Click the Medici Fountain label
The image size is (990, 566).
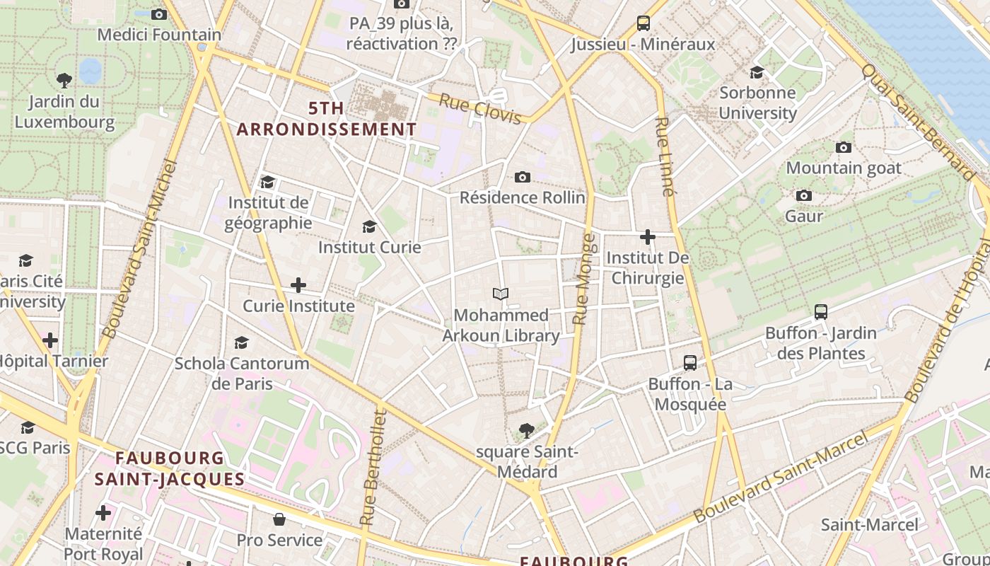[159, 34]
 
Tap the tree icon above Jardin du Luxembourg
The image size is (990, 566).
[64, 80]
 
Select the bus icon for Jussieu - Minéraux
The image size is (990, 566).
[643, 23]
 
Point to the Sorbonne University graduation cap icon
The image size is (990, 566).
[757, 72]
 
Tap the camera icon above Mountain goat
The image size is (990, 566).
[844, 147]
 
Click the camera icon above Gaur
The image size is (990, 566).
[804, 195]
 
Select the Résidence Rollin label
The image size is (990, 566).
[523, 197]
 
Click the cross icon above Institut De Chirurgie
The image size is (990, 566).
[647, 237]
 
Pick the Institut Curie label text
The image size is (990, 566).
[369, 247]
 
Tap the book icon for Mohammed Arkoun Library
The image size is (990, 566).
[501, 294]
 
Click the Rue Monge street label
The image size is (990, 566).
[584, 279]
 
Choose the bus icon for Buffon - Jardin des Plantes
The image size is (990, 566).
[821, 311]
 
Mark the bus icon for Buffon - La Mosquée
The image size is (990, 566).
[690, 363]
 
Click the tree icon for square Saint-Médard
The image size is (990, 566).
[526, 430]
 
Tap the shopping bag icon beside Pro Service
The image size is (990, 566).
[279, 520]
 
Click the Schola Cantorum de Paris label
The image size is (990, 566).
[242, 374]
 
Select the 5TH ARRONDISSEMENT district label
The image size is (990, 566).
[326, 119]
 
